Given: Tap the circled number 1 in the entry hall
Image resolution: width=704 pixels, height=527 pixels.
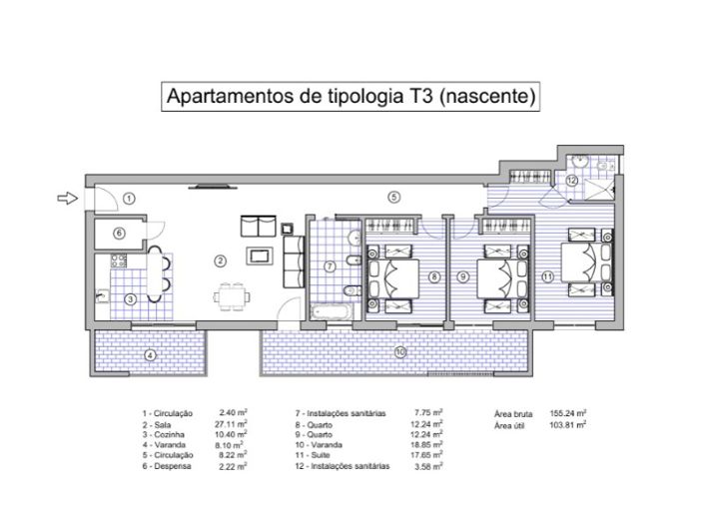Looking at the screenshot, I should (129, 200).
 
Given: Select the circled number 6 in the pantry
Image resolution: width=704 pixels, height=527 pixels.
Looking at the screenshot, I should (118, 234).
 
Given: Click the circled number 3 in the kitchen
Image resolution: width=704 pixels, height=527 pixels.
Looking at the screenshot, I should (130, 298).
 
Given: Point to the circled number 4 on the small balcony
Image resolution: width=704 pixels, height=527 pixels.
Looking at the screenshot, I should (149, 355).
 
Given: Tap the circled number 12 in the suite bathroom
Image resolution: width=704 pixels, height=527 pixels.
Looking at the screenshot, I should (571, 181).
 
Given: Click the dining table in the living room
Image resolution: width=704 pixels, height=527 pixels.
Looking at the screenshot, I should (232, 295).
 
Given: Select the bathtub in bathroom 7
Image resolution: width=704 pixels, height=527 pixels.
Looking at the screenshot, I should (331, 313).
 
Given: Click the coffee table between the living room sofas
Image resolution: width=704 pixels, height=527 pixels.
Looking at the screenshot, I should (262, 255).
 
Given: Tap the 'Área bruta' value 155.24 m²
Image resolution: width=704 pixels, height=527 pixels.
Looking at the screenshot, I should (567, 412).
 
